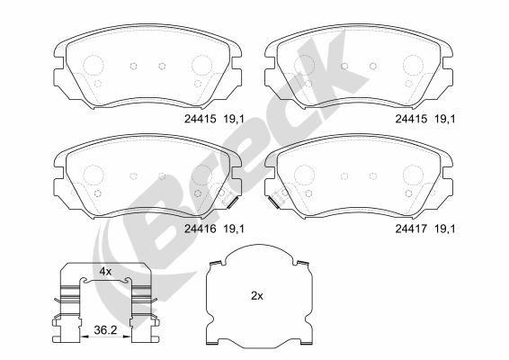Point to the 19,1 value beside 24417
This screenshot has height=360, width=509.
(x=444, y=229)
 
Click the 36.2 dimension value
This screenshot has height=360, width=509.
(x=106, y=330)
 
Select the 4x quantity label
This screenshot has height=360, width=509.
(x=104, y=271)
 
